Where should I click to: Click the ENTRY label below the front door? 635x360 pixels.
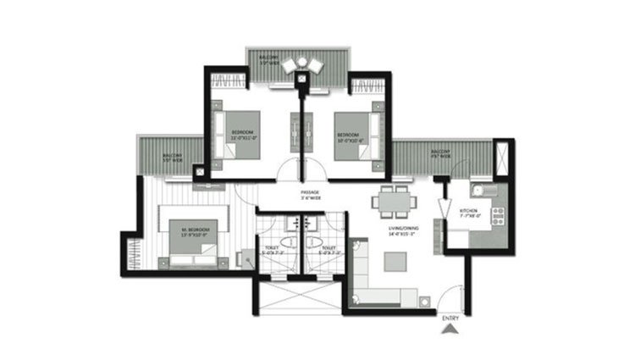click(450, 318)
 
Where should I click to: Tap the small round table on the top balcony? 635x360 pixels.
click(301, 66)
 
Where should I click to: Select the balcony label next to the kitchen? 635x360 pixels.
click(439, 154)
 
